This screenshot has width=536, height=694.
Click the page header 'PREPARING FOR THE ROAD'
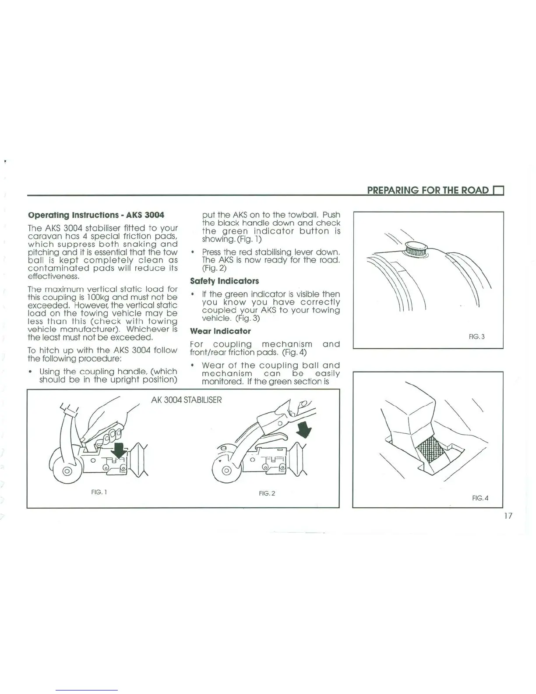point(427,190)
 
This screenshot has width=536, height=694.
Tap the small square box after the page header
point(499,191)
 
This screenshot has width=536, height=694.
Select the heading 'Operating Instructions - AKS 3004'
point(96,215)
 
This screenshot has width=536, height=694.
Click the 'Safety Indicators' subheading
point(224,281)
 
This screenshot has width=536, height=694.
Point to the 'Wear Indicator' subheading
point(220,331)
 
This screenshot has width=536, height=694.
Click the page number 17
point(508,516)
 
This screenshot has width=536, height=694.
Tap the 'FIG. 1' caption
point(99,492)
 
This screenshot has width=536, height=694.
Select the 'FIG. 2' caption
point(267,493)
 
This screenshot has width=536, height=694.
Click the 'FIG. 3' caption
point(476,337)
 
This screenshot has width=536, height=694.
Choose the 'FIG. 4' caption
point(480,498)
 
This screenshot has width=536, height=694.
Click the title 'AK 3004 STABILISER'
point(187,400)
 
